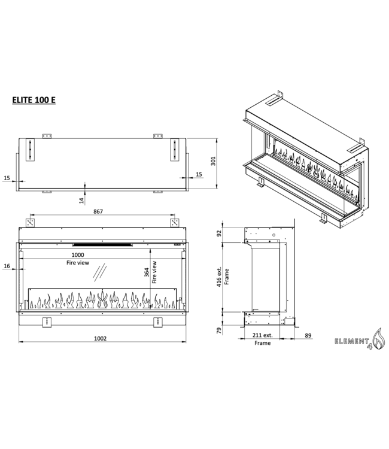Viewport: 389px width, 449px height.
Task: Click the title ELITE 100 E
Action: click(x=34, y=100)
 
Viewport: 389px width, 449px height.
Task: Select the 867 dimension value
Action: click(x=101, y=210)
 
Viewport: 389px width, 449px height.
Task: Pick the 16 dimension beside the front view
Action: click(x=7, y=265)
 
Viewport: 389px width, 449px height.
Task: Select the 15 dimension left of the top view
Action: click(x=7, y=177)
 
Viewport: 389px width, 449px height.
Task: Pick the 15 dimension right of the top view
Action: click(x=200, y=174)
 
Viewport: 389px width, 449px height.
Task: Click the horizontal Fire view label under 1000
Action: click(x=79, y=262)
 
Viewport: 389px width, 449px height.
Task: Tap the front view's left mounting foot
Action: click(x=47, y=321)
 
